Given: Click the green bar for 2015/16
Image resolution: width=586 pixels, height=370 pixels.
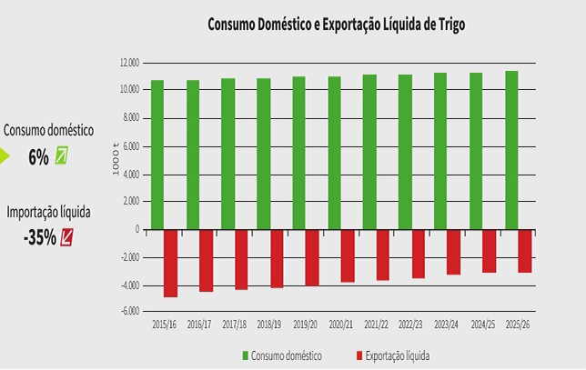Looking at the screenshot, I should click(157, 155).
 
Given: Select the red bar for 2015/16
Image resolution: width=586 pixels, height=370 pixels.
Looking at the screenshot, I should click(170, 263).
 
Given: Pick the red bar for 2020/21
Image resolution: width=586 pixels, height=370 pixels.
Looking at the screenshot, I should click(348, 255).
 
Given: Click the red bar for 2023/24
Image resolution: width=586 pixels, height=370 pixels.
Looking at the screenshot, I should click(453, 252).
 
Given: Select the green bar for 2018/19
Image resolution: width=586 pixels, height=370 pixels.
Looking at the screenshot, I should click(264, 154).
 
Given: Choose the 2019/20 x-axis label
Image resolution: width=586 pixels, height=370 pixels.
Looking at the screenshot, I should click(305, 325).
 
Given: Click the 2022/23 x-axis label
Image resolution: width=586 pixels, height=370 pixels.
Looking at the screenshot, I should click(411, 325).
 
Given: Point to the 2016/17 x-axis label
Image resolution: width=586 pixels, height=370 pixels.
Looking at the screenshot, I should click(198, 325).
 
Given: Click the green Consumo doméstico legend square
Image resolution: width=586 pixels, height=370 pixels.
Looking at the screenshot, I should click(245, 355).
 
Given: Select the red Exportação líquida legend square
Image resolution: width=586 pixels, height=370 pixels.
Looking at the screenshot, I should click(359, 355).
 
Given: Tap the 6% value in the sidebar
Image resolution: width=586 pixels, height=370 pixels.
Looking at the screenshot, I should click(38, 156).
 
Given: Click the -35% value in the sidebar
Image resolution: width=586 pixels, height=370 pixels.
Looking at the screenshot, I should click(40, 237).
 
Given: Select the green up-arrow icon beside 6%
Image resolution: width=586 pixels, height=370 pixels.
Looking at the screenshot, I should click(62, 156).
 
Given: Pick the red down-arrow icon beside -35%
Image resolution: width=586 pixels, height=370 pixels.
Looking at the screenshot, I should click(66, 237).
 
